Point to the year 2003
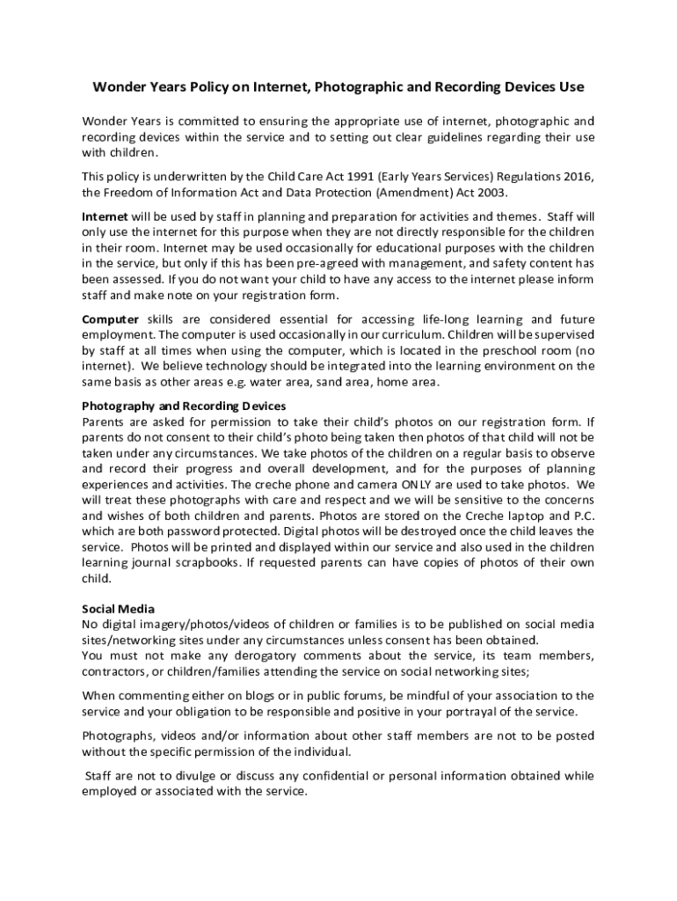[488, 193]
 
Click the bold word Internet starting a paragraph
[105, 216]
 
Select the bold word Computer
[110, 319]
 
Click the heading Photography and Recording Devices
[184, 406]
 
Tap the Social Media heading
[118, 608]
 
